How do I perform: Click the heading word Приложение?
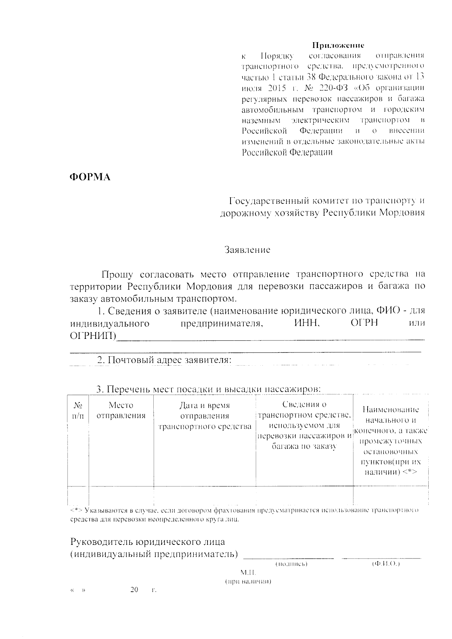338,46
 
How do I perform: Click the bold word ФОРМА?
90,177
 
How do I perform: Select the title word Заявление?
247,250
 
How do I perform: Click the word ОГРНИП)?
93,336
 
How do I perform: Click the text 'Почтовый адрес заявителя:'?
164,360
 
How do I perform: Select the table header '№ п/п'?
78,410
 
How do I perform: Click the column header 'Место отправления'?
121,410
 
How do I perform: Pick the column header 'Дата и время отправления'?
205,411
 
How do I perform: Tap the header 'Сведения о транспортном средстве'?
304,410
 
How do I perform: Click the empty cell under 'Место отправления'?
121,494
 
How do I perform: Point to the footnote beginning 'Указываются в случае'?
245,511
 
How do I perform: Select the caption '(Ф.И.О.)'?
385,564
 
